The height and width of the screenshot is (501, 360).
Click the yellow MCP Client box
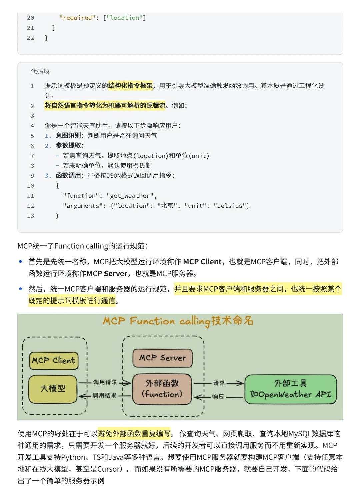(x=54, y=361)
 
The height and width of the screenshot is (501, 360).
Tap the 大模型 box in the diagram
(x=53, y=389)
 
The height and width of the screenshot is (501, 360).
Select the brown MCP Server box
(x=162, y=358)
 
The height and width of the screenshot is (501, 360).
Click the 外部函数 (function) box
(x=162, y=389)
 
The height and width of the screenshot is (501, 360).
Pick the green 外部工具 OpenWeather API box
(x=291, y=389)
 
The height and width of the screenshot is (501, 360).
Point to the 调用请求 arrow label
(x=105, y=382)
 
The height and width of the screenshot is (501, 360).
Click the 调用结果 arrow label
(x=104, y=396)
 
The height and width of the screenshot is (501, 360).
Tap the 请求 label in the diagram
(x=219, y=383)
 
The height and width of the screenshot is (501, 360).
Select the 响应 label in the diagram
(x=218, y=397)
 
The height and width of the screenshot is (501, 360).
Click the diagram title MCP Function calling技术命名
(x=178, y=321)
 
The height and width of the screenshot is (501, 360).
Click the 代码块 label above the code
(x=40, y=72)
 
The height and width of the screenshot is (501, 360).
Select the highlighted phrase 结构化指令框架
(x=130, y=86)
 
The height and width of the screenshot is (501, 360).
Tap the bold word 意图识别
(x=68, y=136)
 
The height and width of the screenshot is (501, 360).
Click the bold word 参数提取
(x=68, y=146)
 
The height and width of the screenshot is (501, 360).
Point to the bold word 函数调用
(x=68, y=176)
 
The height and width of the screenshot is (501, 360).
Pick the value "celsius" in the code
(x=230, y=206)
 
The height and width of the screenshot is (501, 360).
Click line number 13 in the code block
(x=31, y=216)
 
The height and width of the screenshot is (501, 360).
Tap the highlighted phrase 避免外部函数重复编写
(x=134, y=434)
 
